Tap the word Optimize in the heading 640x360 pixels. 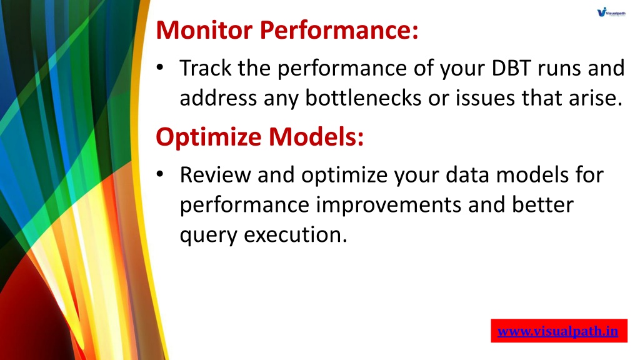[x=209, y=137]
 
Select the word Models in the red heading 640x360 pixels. [x=316, y=136]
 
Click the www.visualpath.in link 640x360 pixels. [x=558, y=331]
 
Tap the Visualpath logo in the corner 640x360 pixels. [x=611, y=12]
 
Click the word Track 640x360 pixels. [x=205, y=68]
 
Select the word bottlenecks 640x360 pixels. [x=363, y=98]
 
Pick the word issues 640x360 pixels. [x=485, y=98]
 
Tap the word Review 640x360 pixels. [x=215, y=175]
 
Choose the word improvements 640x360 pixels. [x=389, y=205]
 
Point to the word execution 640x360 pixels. [x=295, y=235]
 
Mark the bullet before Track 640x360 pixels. [x=160, y=67]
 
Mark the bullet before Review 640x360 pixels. [x=160, y=174]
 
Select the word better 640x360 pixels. [x=543, y=204]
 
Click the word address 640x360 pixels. [x=218, y=98]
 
